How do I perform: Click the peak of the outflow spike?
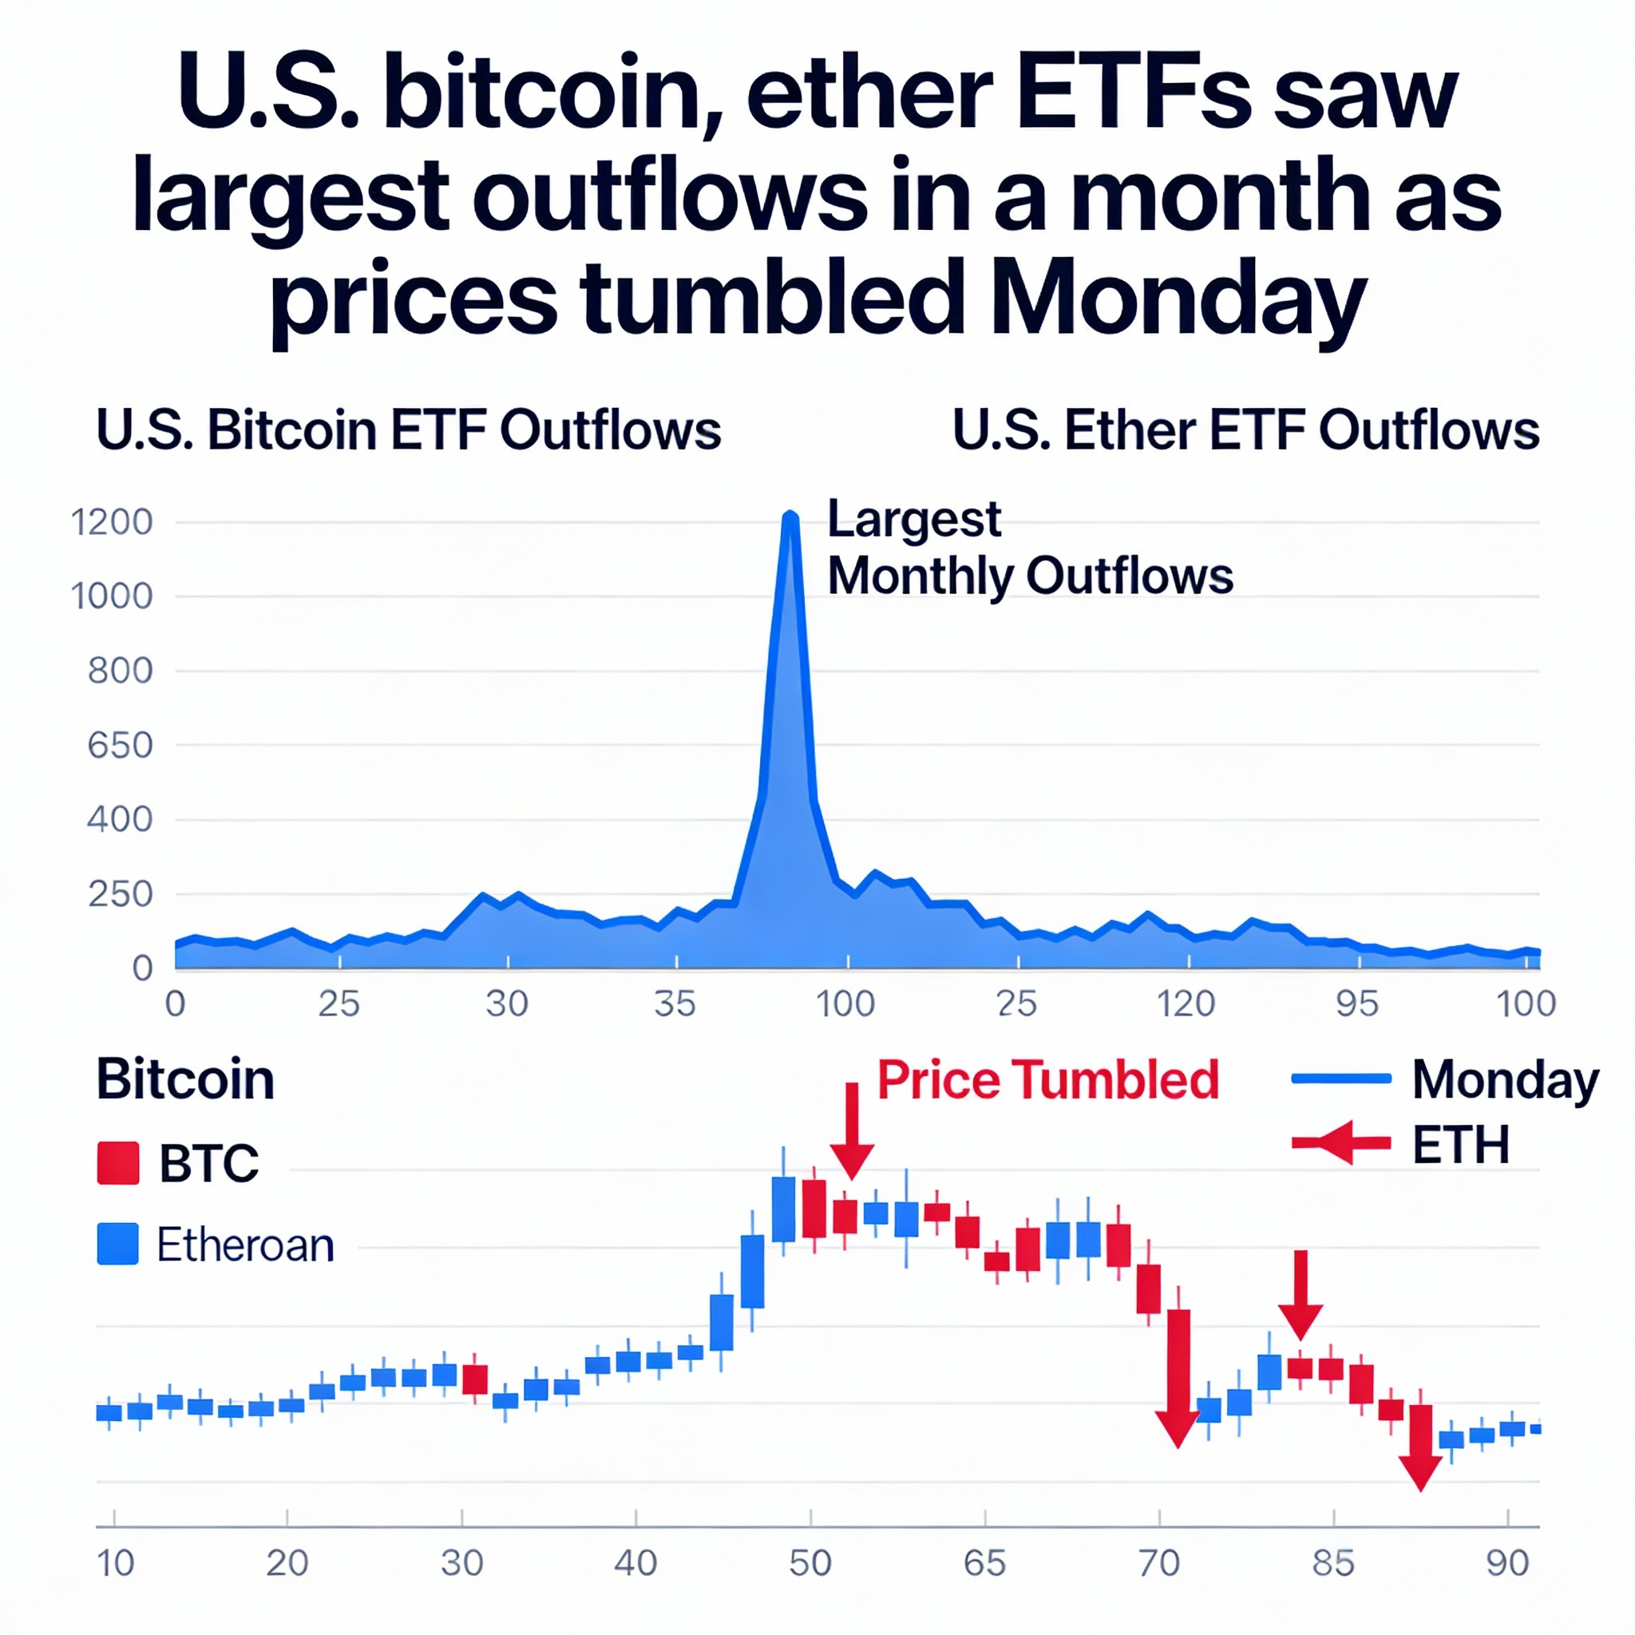(x=790, y=515)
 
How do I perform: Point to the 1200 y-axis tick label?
(x=112, y=522)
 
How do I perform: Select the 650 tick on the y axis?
(x=121, y=746)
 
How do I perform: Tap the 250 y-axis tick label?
(x=121, y=894)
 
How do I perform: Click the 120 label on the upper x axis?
(x=1186, y=1004)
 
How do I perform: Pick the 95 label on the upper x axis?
(x=1357, y=1004)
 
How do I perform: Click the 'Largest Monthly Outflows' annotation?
(x=1028, y=548)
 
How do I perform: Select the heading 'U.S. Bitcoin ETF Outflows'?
(x=409, y=430)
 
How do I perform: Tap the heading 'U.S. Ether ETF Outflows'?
(x=1245, y=430)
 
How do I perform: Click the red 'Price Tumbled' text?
(x=1047, y=1080)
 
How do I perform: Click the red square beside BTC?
(x=117, y=1162)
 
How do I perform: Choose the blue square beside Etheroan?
(x=117, y=1244)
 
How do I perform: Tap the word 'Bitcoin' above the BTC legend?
(x=185, y=1080)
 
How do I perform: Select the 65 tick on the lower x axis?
(x=985, y=1564)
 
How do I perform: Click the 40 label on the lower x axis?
(x=635, y=1564)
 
